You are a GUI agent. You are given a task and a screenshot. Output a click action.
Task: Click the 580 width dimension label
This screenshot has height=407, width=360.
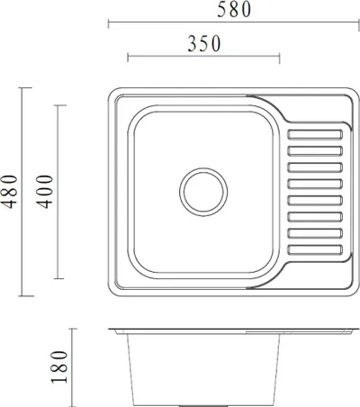click(234, 9)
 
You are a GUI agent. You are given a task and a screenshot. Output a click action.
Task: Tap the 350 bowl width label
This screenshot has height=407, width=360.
click(204, 43)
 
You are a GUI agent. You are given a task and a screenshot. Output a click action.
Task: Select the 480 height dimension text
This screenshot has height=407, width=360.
click(9, 192)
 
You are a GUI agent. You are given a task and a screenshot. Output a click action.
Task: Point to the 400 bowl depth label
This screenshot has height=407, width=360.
click(44, 192)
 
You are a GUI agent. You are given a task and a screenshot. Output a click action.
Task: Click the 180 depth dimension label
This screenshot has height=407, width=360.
click(59, 366)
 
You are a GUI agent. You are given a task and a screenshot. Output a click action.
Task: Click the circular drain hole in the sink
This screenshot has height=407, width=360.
click(203, 192)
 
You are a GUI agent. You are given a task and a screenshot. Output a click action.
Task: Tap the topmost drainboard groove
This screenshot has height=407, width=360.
click(315, 135)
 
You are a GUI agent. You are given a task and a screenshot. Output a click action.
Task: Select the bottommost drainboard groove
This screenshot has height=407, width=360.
click(315, 250)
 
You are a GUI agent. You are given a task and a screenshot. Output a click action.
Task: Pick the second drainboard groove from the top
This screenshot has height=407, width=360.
click(315, 151)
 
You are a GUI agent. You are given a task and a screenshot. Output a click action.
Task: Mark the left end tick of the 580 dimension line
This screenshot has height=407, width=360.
click(109, 23)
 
